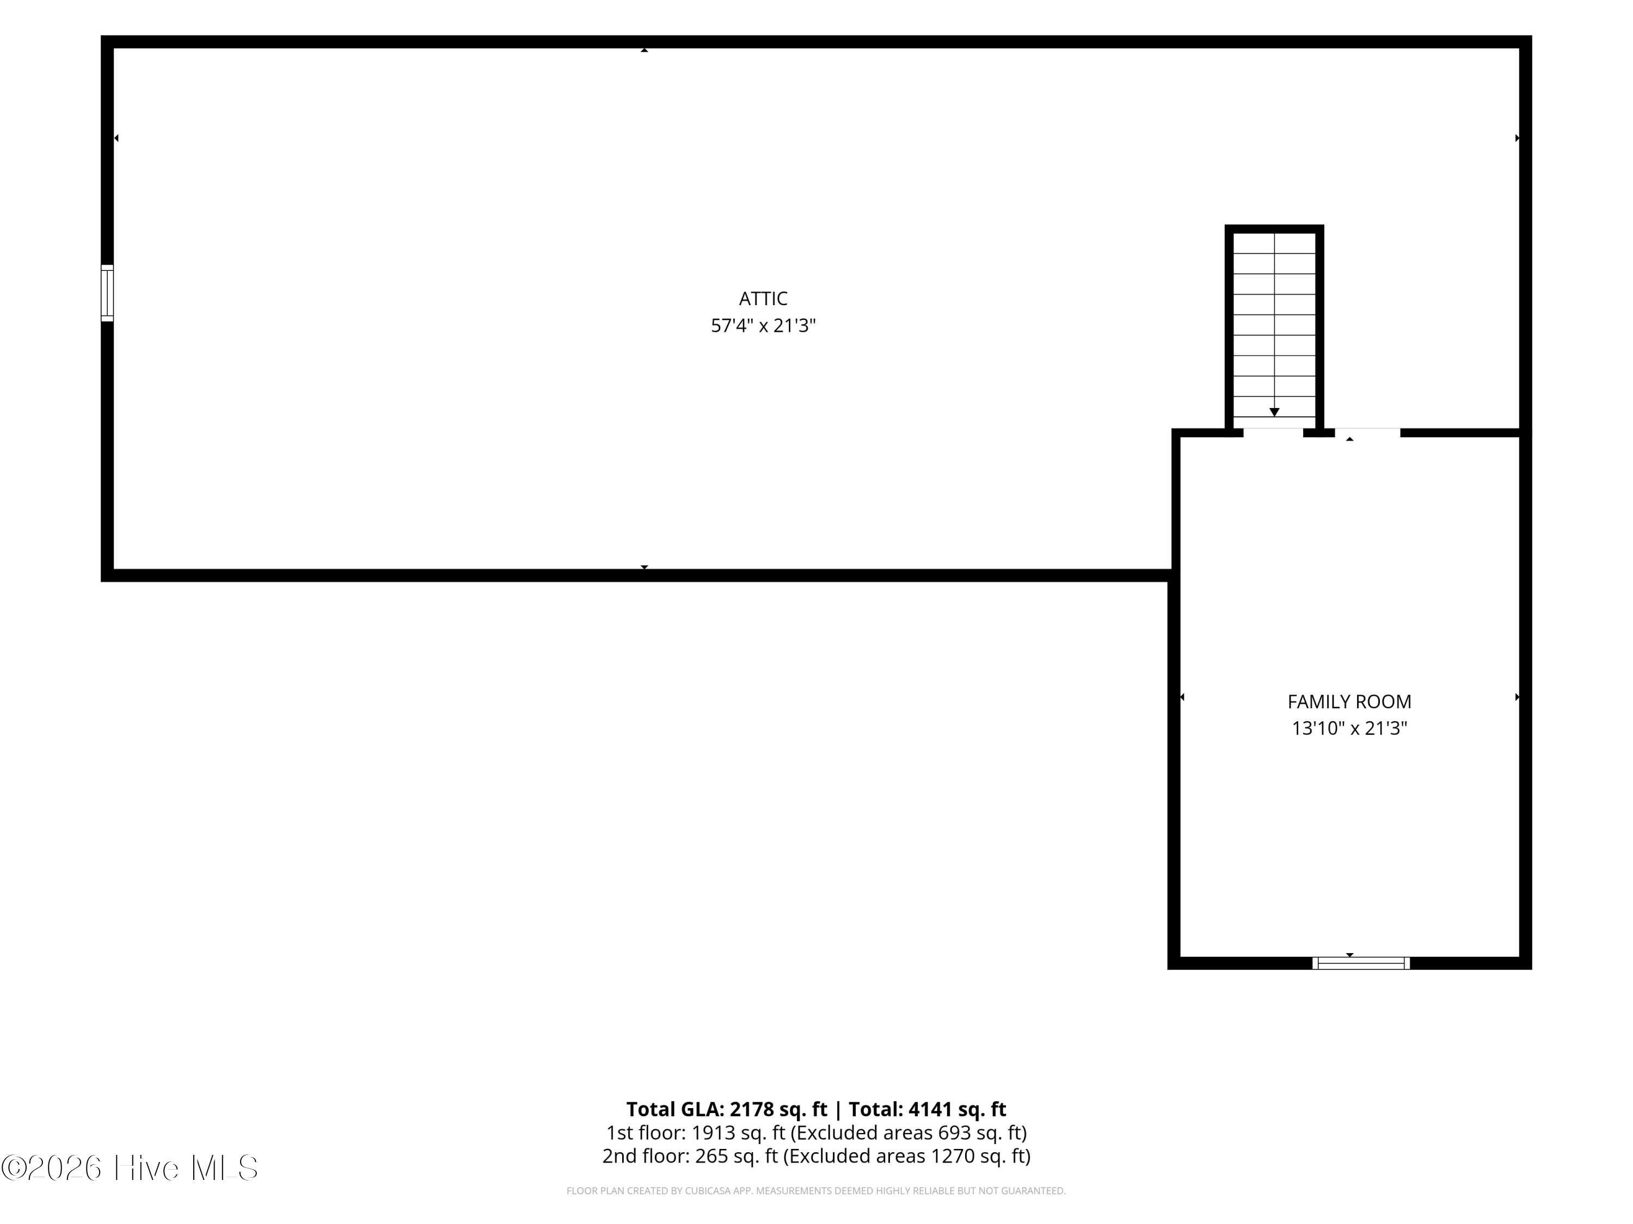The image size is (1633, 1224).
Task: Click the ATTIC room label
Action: click(763, 299)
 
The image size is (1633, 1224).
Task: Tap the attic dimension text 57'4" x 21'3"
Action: click(763, 326)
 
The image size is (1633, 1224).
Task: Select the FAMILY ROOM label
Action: click(1349, 702)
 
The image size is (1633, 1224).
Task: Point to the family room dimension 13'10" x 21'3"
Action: click(1349, 729)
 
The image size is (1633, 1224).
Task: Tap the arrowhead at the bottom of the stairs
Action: click(1274, 412)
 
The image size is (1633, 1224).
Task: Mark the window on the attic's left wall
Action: click(107, 293)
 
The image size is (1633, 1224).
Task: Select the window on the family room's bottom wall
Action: click(1361, 963)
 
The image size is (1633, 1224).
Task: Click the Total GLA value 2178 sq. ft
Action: click(779, 1109)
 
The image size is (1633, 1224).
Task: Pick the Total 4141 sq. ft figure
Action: click(957, 1109)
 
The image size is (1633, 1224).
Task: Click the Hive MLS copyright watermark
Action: click(130, 1168)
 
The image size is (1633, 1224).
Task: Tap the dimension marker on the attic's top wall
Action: click(644, 50)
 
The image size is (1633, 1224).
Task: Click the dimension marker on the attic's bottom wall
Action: click(644, 567)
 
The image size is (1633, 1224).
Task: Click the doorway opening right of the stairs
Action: click(1367, 432)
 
